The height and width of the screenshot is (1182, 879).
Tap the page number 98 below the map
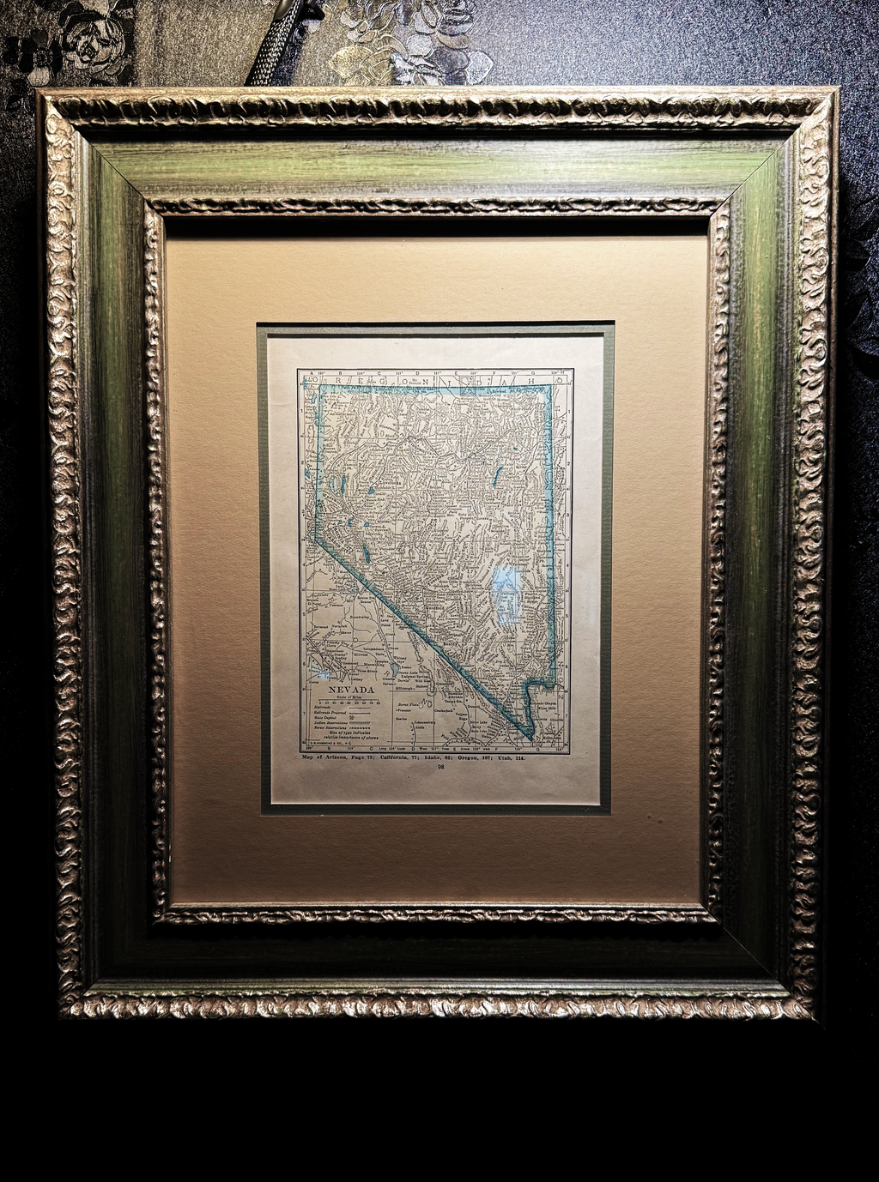pos(441,767)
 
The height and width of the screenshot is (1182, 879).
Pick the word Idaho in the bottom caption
pos(442,758)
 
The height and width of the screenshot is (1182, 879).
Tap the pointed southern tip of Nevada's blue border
pos(531,737)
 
